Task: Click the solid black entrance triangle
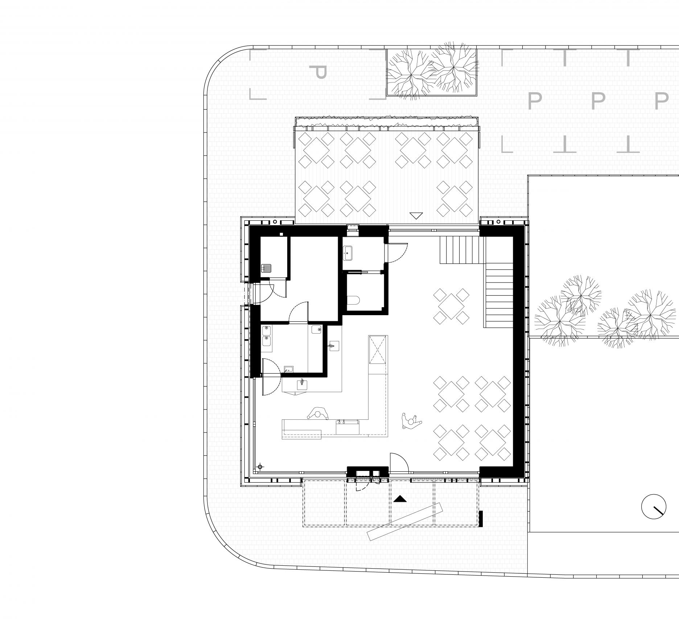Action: coord(400,499)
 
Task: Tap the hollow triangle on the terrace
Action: coord(416,215)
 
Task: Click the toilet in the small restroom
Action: coord(353,300)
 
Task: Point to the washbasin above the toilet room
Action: coord(347,253)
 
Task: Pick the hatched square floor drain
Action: coord(266,268)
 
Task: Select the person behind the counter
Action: coord(318,414)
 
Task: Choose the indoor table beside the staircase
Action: coord(451,306)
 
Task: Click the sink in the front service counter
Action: coord(347,427)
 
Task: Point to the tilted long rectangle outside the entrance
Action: coord(405,522)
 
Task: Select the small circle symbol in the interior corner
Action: coord(260,467)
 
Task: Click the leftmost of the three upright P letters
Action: coord(534,101)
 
